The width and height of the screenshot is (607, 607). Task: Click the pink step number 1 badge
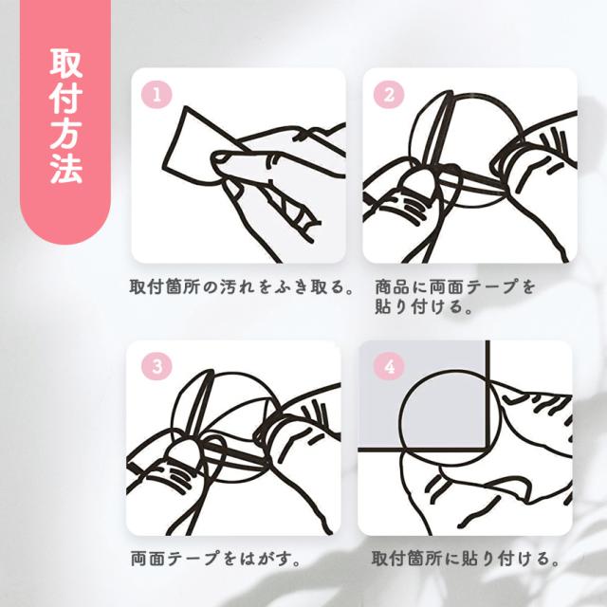tap(156, 95)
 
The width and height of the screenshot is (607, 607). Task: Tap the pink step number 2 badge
tap(389, 95)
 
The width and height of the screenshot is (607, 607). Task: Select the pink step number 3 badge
tap(156, 366)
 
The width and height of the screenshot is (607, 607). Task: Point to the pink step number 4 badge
tap(389, 366)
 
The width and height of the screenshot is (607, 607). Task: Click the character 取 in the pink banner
tap(66, 64)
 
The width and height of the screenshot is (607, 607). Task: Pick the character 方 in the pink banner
tap(66, 133)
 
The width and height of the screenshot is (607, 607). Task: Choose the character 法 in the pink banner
tap(66, 168)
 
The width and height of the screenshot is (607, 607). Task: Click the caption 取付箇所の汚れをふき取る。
tap(242, 286)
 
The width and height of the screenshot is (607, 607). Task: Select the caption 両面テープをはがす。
tap(216, 559)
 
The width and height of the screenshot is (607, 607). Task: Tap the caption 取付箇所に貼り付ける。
tap(466, 559)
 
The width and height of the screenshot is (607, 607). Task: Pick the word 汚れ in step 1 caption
tap(237, 286)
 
